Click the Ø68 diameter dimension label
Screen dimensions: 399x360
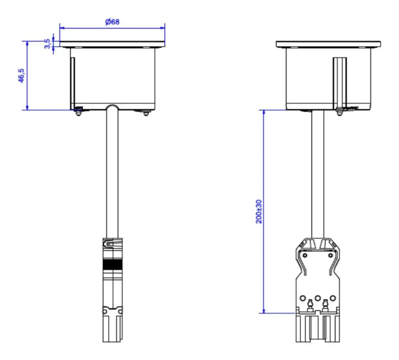[112, 22]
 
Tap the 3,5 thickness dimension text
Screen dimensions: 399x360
[47, 44]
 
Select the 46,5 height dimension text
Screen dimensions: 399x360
[21, 75]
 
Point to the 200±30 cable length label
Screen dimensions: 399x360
[258, 212]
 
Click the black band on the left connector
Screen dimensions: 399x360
[113, 264]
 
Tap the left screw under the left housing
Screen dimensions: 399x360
[78, 112]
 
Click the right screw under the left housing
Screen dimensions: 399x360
[146, 113]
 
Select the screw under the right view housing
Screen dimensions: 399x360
[339, 111]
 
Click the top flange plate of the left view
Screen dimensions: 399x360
[112, 44]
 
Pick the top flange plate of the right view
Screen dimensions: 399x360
[328, 44]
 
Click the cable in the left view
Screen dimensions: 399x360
[112, 173]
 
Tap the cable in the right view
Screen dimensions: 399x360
[318, 174]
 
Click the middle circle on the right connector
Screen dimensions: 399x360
[318, 298]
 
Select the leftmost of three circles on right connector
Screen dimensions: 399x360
[303, 298]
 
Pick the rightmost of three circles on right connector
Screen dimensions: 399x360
[333, 298]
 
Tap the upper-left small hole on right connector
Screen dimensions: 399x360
[305, 255]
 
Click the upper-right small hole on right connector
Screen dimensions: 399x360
[330, 255]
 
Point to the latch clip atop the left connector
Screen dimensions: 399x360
[113, 243]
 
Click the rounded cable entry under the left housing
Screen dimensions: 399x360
[112, 107]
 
